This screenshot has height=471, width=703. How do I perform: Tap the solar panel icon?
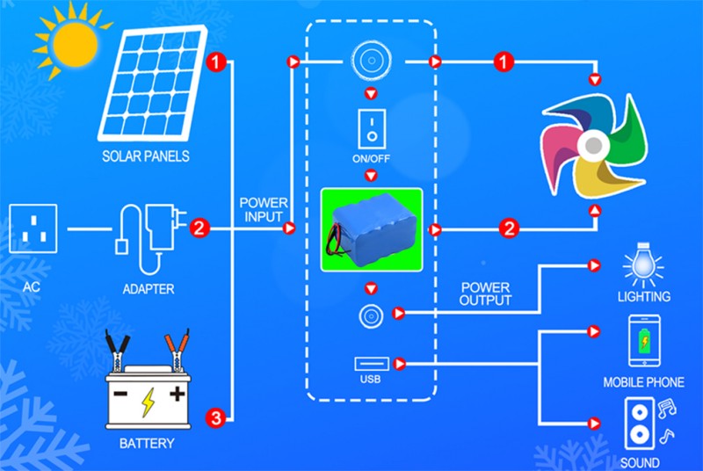point(149,83)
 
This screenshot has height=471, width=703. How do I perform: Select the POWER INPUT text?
point(262,210)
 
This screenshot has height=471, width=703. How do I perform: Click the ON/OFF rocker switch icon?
point(370,127)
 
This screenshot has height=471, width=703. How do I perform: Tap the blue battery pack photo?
point(370,229)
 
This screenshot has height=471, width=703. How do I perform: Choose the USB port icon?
point(370,363)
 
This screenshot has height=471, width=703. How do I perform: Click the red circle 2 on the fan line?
point(508,229)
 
